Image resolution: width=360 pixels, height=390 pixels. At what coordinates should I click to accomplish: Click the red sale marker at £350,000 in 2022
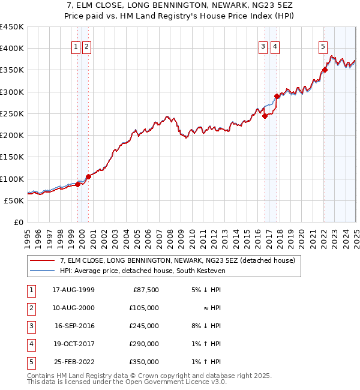click(x=325, y=70)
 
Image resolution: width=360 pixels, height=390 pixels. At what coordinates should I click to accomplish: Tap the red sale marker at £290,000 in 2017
click(x=277, y=96)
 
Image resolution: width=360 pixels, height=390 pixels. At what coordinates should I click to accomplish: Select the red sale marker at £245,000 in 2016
click(x=265, y=116)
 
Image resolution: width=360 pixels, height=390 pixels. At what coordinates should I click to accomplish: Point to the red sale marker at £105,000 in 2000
click(x=88, y=176)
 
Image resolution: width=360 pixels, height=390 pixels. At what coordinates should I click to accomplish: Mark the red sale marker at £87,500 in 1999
click(x=77, y=184)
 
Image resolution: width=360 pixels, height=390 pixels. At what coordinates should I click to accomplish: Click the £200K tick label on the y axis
click(x=12, y=136)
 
